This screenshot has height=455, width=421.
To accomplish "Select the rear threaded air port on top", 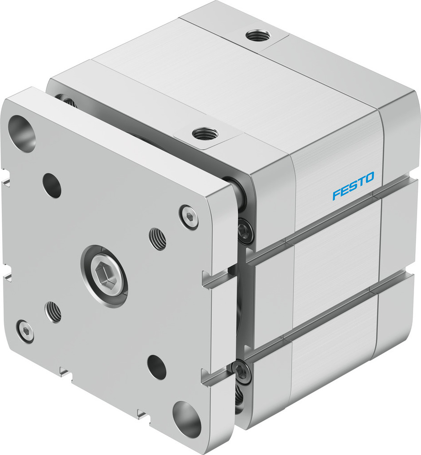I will point(257,35).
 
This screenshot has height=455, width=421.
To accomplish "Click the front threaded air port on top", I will point(205,134).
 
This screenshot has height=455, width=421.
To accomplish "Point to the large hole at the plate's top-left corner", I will point(22,133).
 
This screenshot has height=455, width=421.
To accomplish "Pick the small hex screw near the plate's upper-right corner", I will point(188,217).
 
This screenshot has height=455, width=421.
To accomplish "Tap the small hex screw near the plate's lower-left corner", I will point(25,330).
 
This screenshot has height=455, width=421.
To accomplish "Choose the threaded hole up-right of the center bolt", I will point(157,239).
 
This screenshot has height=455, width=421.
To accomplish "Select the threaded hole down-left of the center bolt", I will point(53,312).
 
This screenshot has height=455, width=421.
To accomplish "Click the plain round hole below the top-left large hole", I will point(52,185).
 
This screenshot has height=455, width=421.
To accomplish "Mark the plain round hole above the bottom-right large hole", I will point(156,367).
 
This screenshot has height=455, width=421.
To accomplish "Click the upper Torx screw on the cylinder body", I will point(245,231).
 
